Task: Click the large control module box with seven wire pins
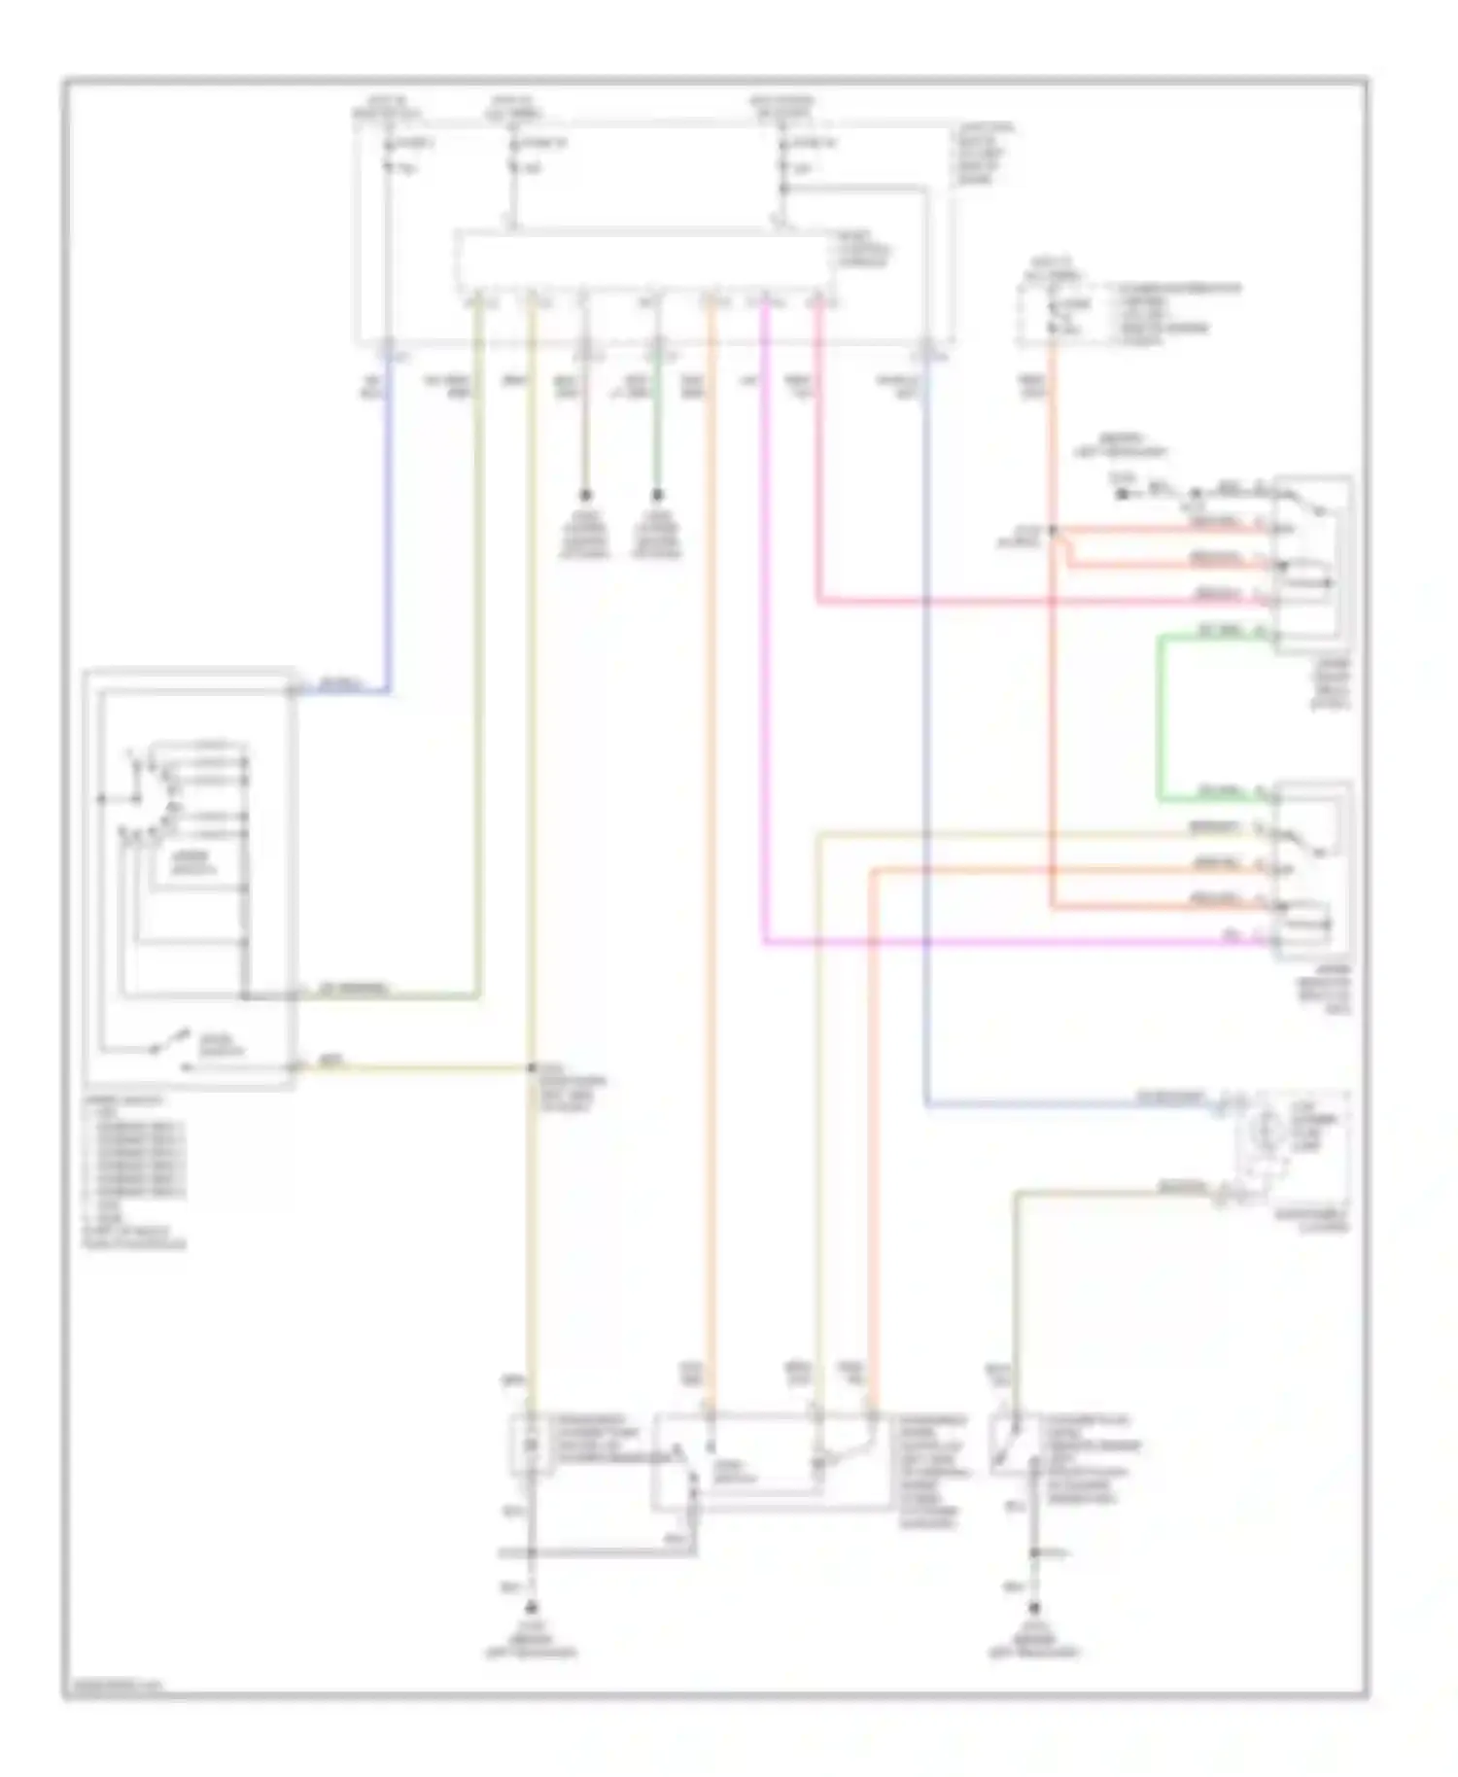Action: tap(644, 261)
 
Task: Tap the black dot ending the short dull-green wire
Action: tap(657, 495)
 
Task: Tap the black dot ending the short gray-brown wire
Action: tap(585, 495)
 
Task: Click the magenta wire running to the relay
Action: tap(764, 680)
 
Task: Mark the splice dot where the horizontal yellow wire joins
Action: tap(532, 1069)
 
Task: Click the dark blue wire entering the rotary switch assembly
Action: tap(389, 544)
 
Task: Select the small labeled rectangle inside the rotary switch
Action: tap(194, 864)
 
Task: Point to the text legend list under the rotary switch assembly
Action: tap(136, 1171)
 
